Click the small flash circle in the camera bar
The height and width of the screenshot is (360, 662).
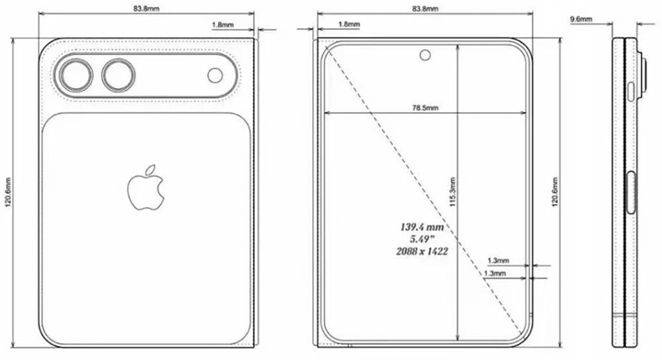tap(216, 75)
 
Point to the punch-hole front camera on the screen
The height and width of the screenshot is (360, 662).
tap(424, 54)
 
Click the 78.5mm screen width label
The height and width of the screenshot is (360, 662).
tap(424, 107)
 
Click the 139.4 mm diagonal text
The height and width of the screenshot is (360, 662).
tap(421, 227)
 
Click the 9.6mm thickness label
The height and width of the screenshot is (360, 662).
tap(581, 20)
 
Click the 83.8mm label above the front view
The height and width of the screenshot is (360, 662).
tap(424, 9)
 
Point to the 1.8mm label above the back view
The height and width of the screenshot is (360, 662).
tap(222, 24)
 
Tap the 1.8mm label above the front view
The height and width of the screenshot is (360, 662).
tap(349, 24)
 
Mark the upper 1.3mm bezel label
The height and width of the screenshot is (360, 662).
tap(497, 261)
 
